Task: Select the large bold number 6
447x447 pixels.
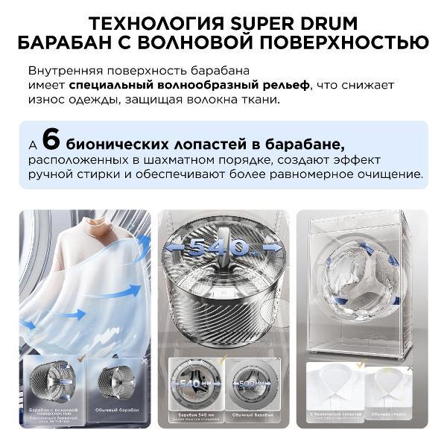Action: (x=50, y=139)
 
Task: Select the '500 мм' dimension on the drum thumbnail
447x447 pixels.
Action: (x=250, y=384)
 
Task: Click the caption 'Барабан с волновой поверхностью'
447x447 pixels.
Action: (x=53, y=410)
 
